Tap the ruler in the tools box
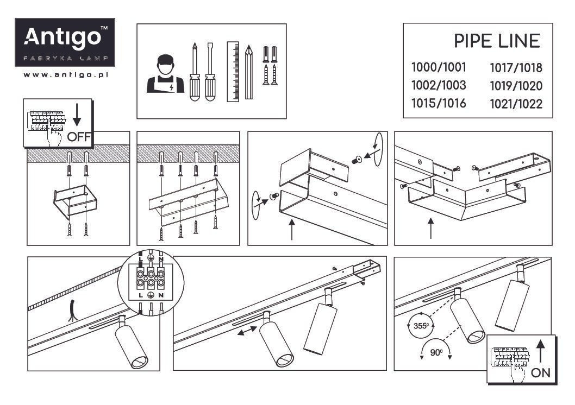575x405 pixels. (233, 71)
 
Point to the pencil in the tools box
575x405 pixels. (249, 72)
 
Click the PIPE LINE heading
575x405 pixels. (497, 41)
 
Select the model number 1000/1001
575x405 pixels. (439, 68)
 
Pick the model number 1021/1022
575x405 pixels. (516, 104)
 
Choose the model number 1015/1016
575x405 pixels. (439, 103)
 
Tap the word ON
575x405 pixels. (540, 372)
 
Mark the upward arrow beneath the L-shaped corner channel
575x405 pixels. (431, 228)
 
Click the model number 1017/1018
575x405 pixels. (516, 68)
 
